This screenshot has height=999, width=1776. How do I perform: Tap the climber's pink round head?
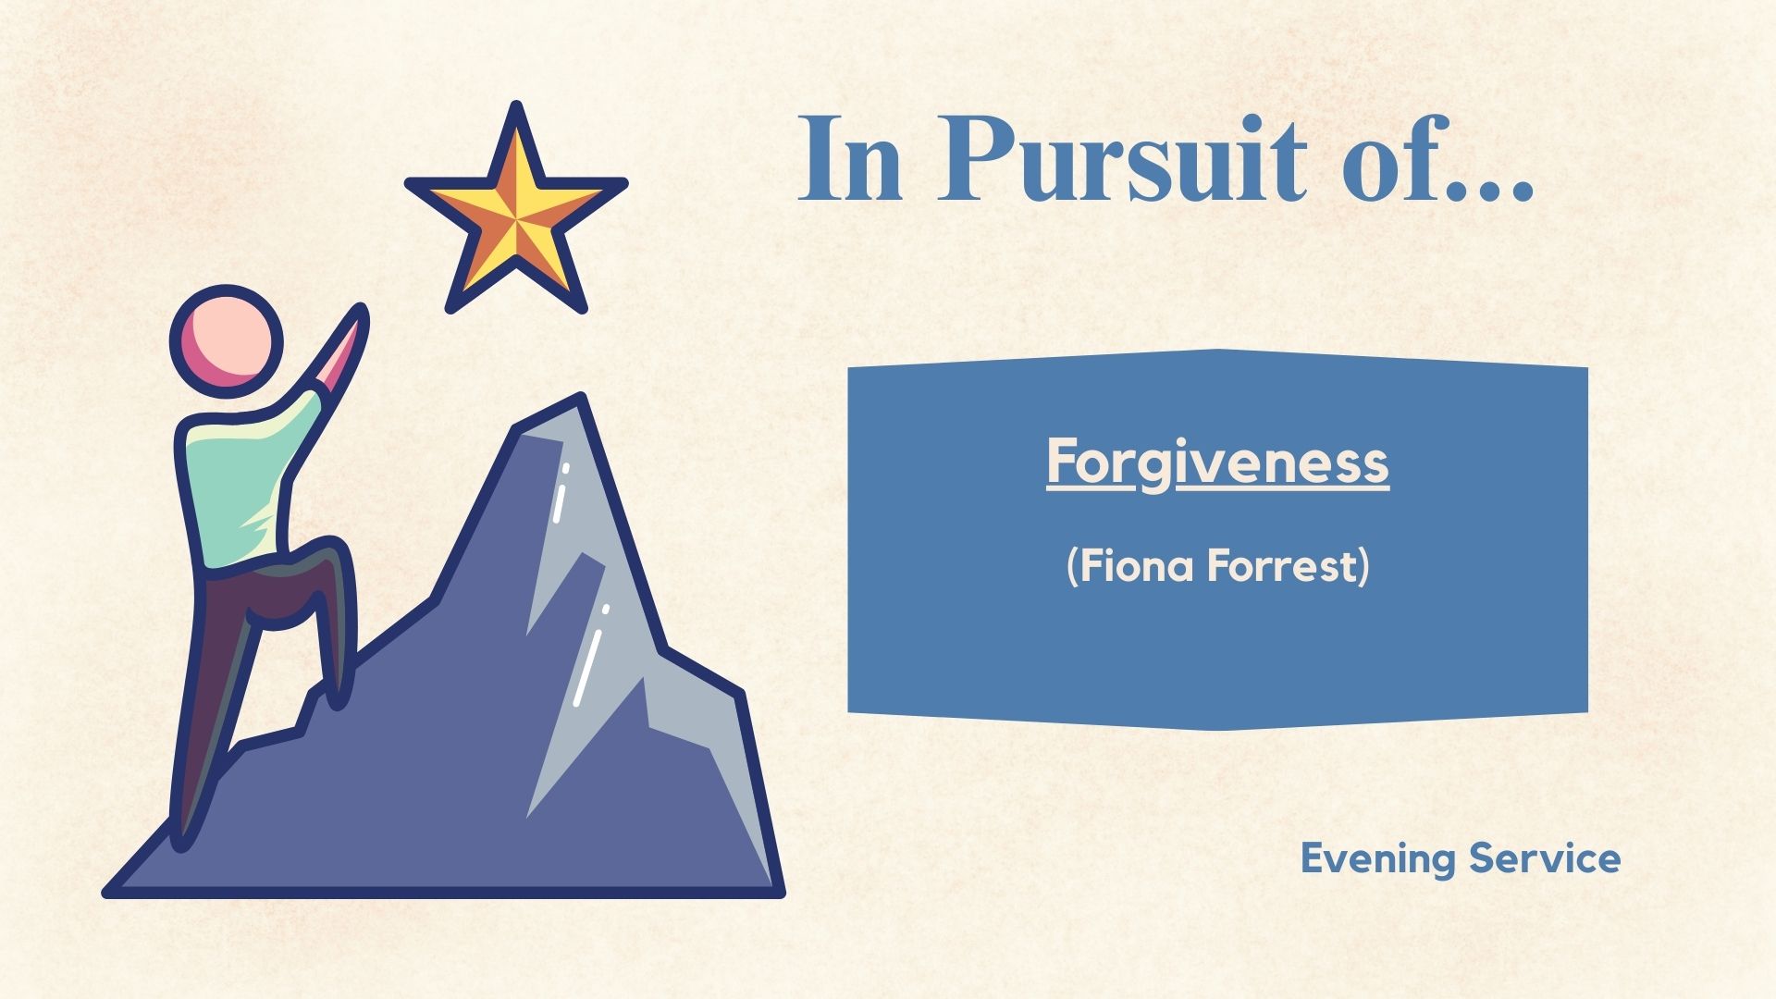tap(226, 340)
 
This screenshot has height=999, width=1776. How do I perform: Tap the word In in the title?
tap(848, 159)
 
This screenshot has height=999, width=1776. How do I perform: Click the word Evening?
tap(1378, 859)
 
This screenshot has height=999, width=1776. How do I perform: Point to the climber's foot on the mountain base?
tap(183, 828)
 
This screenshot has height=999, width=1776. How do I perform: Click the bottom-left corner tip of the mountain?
tap(105, 892)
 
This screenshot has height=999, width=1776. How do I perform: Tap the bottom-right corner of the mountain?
tap(780, 892)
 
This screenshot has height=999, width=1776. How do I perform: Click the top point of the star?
tap(516, 104)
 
